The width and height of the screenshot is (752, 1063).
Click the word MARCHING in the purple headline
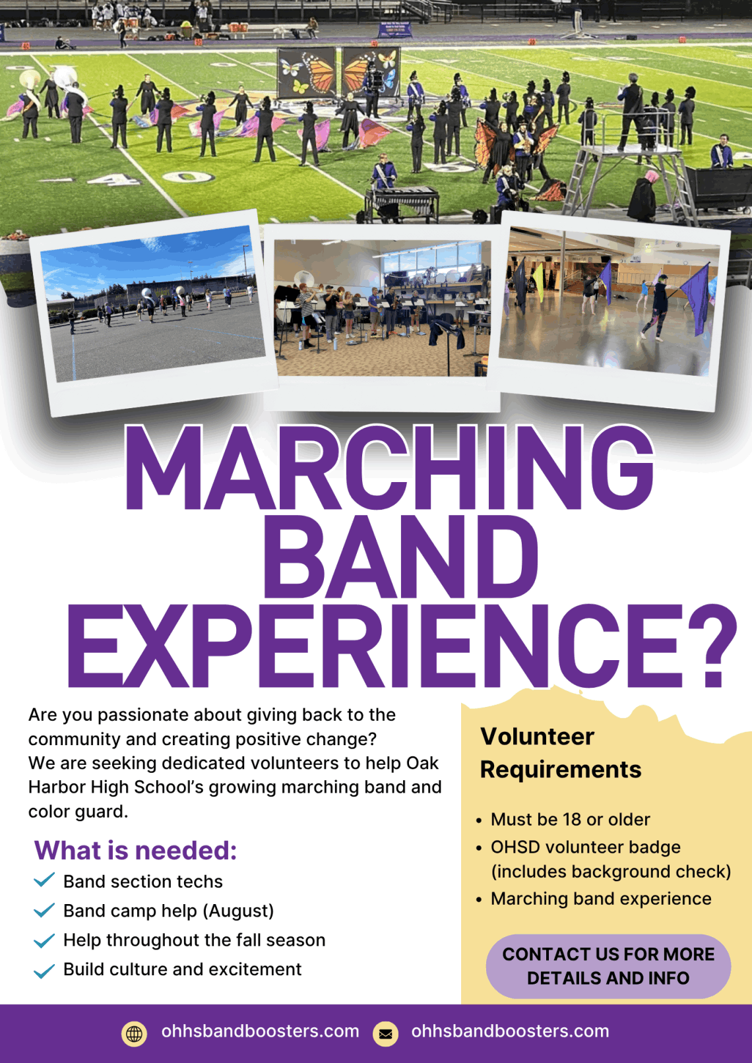coord(389,468)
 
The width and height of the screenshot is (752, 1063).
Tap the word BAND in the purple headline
coord(401,556)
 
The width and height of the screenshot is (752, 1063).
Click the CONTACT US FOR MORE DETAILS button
coord(608,966)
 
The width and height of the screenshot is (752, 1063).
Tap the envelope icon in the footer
coord(385,1033)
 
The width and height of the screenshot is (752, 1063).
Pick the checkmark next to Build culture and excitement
coord(44,971)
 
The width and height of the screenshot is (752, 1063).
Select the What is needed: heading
coord(135,850)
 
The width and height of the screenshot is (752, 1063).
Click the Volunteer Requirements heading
coord(561,752)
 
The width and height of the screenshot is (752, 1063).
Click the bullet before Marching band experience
coord(478,899)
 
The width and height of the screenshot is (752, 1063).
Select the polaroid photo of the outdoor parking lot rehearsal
coord(153,313)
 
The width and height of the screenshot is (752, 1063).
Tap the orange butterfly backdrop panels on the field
coord(339,71)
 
